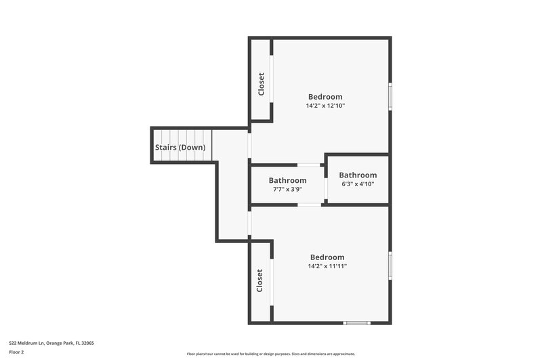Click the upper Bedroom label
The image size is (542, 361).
click(x=325, y=97)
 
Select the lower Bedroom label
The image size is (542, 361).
click(x=327, y=257)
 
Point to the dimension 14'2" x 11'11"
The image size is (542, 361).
click(x=327, y=266)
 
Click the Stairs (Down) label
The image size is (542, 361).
click(x=180, y=147)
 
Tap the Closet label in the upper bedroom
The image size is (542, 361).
click(x=261, y=84)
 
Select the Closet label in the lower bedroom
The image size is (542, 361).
click(x=259, y=280)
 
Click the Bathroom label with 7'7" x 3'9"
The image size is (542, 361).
click(x=287, y=180)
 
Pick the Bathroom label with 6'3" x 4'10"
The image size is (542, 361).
click(x=358, y=175)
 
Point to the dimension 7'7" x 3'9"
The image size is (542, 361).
click(x=287, y=189)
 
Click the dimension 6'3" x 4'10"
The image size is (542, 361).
click(x=358, y=184)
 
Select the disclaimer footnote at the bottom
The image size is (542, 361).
click(x=271, y=354)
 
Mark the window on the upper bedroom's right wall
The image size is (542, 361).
click(x=390, y=95)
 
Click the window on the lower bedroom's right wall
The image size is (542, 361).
click(x=390, y=265)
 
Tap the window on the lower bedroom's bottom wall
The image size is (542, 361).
click(x=356, y=322)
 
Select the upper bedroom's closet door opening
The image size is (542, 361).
click(x=272, y=79)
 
